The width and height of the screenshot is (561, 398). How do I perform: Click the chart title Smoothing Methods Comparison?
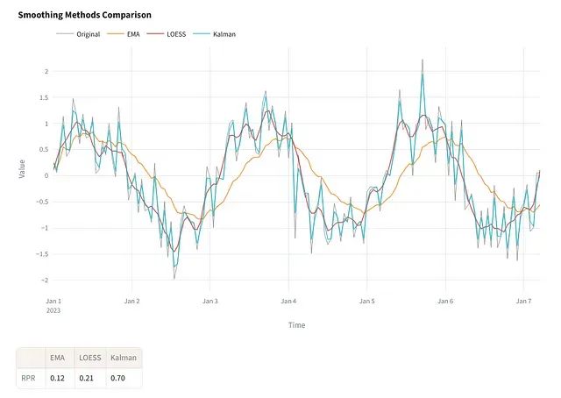click(x=84, y=15)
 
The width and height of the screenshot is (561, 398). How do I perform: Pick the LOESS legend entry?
click(x=176, y=34)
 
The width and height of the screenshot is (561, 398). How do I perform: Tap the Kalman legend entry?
click(x=224, y=34)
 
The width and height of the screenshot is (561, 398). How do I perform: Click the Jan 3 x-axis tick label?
click(x=210, y=301)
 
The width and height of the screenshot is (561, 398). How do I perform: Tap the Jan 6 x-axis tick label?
click(x=444, y=301)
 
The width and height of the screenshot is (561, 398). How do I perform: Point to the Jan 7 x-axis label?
click(x=522, y=301)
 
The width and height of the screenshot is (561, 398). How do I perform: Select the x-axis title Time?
click(x=296, y=325)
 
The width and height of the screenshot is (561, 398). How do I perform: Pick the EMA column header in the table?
click(x=59, y=359)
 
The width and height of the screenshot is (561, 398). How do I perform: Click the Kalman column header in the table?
click(x=118, y=359)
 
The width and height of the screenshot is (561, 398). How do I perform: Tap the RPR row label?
click(x=29, y=379)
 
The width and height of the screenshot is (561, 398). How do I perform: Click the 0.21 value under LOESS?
click(x=87, y=379)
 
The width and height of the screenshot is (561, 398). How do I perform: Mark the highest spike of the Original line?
click(x=423, y=60)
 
